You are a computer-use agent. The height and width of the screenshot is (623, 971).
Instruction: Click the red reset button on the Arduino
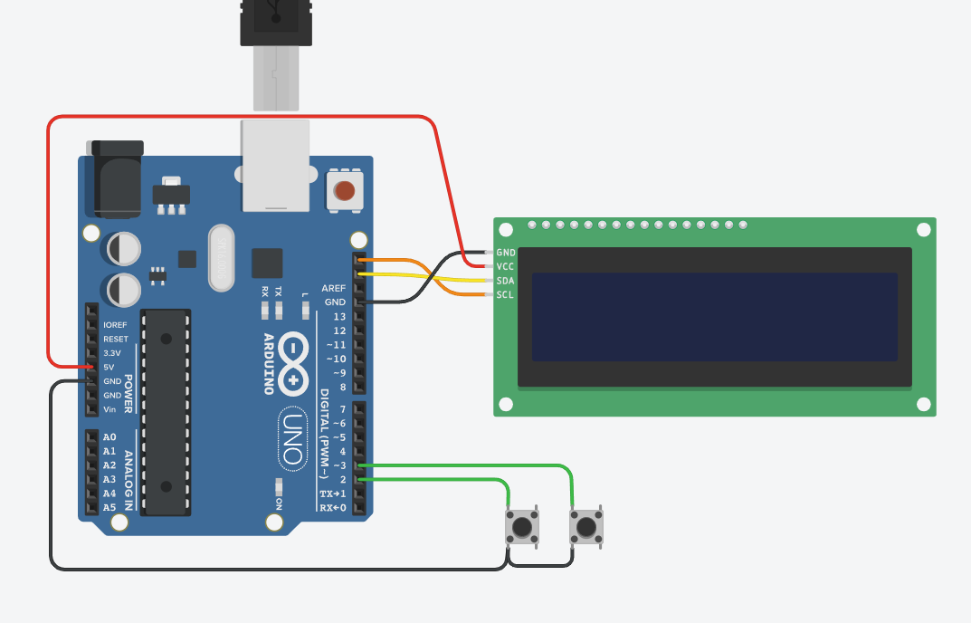345,191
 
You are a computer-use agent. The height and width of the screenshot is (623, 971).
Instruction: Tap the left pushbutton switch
521,526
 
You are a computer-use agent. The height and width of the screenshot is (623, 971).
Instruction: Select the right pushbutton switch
585,526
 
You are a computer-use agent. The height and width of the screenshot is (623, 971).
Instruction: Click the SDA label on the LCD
506,281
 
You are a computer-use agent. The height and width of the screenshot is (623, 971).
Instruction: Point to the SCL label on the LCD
506,295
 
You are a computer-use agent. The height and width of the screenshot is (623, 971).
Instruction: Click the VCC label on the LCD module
506,267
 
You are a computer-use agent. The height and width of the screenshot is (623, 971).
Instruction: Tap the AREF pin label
334,287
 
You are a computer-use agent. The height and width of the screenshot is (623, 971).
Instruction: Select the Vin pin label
109,409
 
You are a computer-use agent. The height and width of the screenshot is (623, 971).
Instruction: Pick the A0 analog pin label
109,437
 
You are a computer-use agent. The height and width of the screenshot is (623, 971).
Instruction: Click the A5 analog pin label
109,507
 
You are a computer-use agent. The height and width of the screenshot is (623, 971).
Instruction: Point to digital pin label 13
339,316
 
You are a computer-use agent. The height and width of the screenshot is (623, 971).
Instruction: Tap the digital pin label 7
342,409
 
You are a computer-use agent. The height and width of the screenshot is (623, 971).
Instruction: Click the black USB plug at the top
275,23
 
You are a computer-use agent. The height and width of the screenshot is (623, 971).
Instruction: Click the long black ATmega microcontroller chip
167,411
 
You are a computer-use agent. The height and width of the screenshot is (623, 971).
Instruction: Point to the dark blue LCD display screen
714,316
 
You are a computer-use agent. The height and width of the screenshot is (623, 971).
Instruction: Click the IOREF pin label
116,325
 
